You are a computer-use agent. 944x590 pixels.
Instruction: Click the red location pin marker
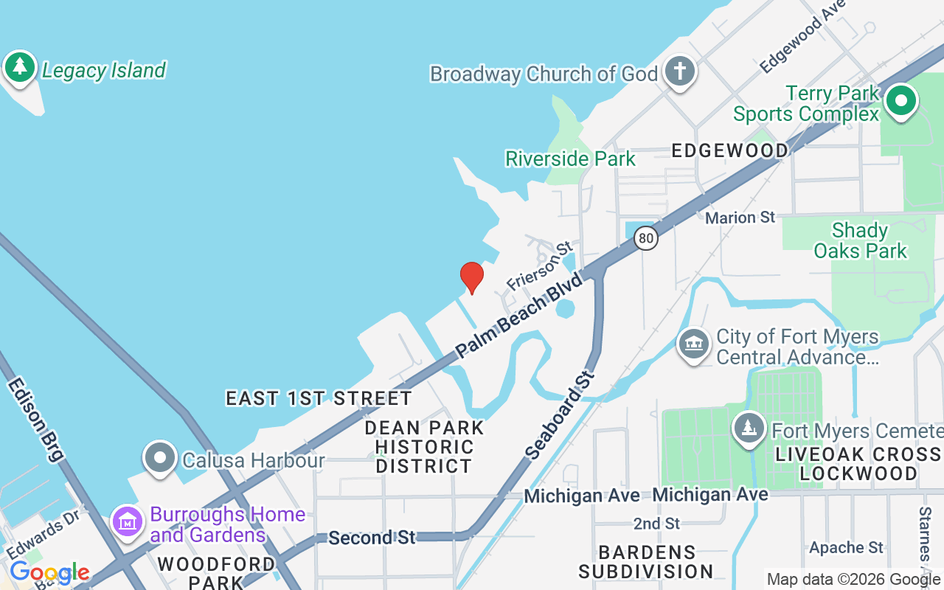[x=472, y=277]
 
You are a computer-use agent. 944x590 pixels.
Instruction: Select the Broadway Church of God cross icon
[x=679, y=72]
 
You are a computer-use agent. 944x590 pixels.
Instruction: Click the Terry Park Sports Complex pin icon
[x=900, y=101]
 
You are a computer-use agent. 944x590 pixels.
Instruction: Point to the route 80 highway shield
[x=646, y=237]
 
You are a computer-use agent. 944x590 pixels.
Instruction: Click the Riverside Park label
[x=570, y=159]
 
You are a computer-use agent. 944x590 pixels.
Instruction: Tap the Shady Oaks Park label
[x=860, y=240]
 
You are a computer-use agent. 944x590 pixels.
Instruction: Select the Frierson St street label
[x=539, y=266]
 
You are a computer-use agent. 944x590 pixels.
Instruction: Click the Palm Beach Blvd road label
[x=518, y=315]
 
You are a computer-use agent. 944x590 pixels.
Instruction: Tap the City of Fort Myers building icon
[x=693, y=344]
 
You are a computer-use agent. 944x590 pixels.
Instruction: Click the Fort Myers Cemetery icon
[x=749, y=428]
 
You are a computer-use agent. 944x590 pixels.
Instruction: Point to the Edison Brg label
[x=35, y=420]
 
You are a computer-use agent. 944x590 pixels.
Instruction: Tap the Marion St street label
[x=740, y=218]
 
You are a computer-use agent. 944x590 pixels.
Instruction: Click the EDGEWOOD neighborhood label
[x=729, y=150]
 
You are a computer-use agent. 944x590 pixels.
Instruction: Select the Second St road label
[x=372, y=538]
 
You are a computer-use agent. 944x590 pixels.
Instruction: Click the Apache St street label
[x=846, y=548]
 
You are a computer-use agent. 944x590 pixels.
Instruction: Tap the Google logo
[x=49, y=572]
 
